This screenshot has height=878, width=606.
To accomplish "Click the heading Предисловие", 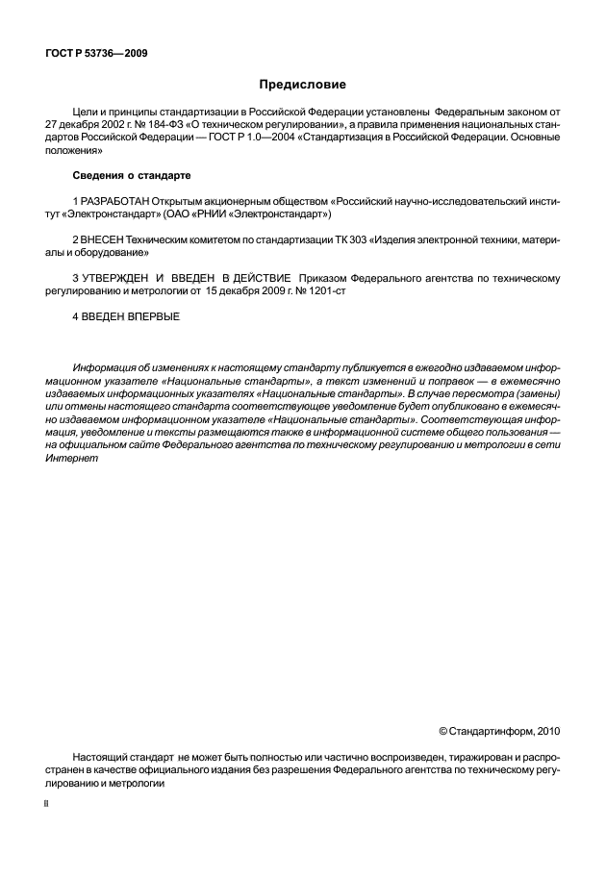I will coord(302,85).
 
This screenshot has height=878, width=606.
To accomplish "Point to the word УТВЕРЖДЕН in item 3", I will coord(121,277).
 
